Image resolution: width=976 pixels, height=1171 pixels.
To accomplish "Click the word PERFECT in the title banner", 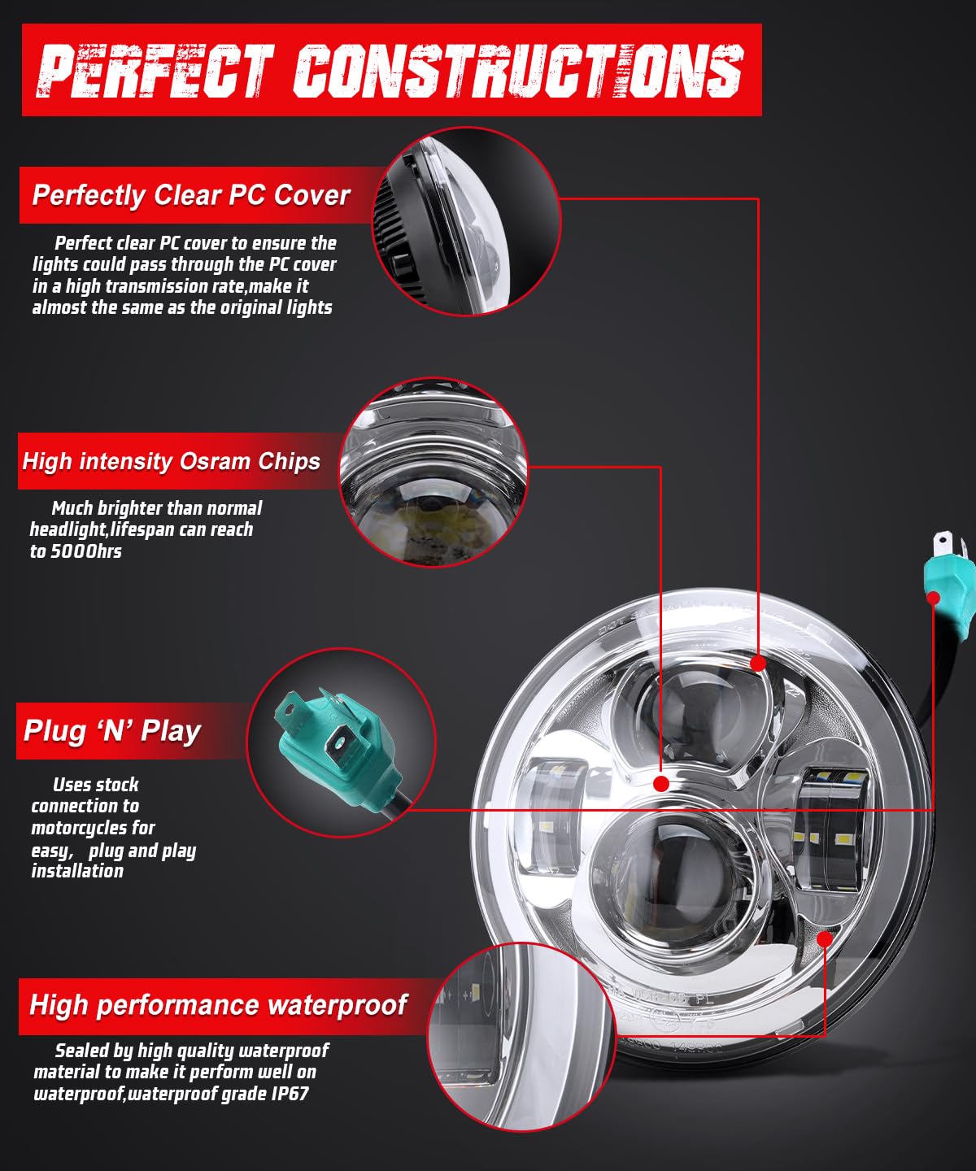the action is coord(155,71).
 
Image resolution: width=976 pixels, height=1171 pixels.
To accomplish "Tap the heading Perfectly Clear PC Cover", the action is coord(191,195).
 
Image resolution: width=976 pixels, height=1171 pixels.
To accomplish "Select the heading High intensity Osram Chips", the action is coord(171,461).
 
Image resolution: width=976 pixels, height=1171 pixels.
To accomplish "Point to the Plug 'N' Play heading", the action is coord(112,731).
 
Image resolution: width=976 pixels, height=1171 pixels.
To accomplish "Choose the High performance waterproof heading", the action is coord(218,1004).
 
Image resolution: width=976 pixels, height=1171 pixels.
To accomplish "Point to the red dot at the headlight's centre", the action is coord(661,783).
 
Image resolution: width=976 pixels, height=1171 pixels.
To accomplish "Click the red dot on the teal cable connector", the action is coord(934,598).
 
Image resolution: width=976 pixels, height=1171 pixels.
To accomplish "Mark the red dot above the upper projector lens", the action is coord(758,664).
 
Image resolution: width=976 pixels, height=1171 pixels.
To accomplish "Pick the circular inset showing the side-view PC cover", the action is coord(467,221).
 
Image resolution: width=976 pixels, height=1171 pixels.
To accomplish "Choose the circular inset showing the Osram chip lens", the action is coord(433,472).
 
